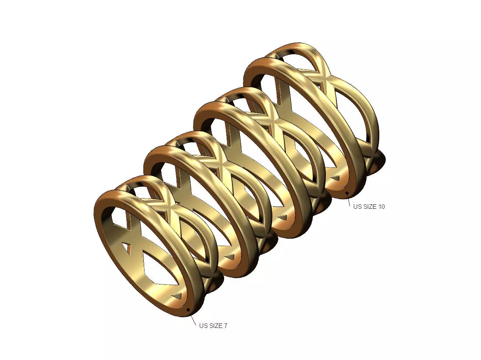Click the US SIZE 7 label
click(213, 326)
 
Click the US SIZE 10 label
click(369, 207)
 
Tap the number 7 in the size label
click(225, 326)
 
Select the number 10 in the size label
click(381, 207)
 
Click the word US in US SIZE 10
click(357, 207)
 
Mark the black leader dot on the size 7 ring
click(188, 309)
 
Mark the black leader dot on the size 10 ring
click(347, 193)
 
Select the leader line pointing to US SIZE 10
click(349, 199)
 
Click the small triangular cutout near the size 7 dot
click(177, 295)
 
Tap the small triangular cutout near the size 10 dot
click(335, 178)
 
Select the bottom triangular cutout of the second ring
click(230, 256)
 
